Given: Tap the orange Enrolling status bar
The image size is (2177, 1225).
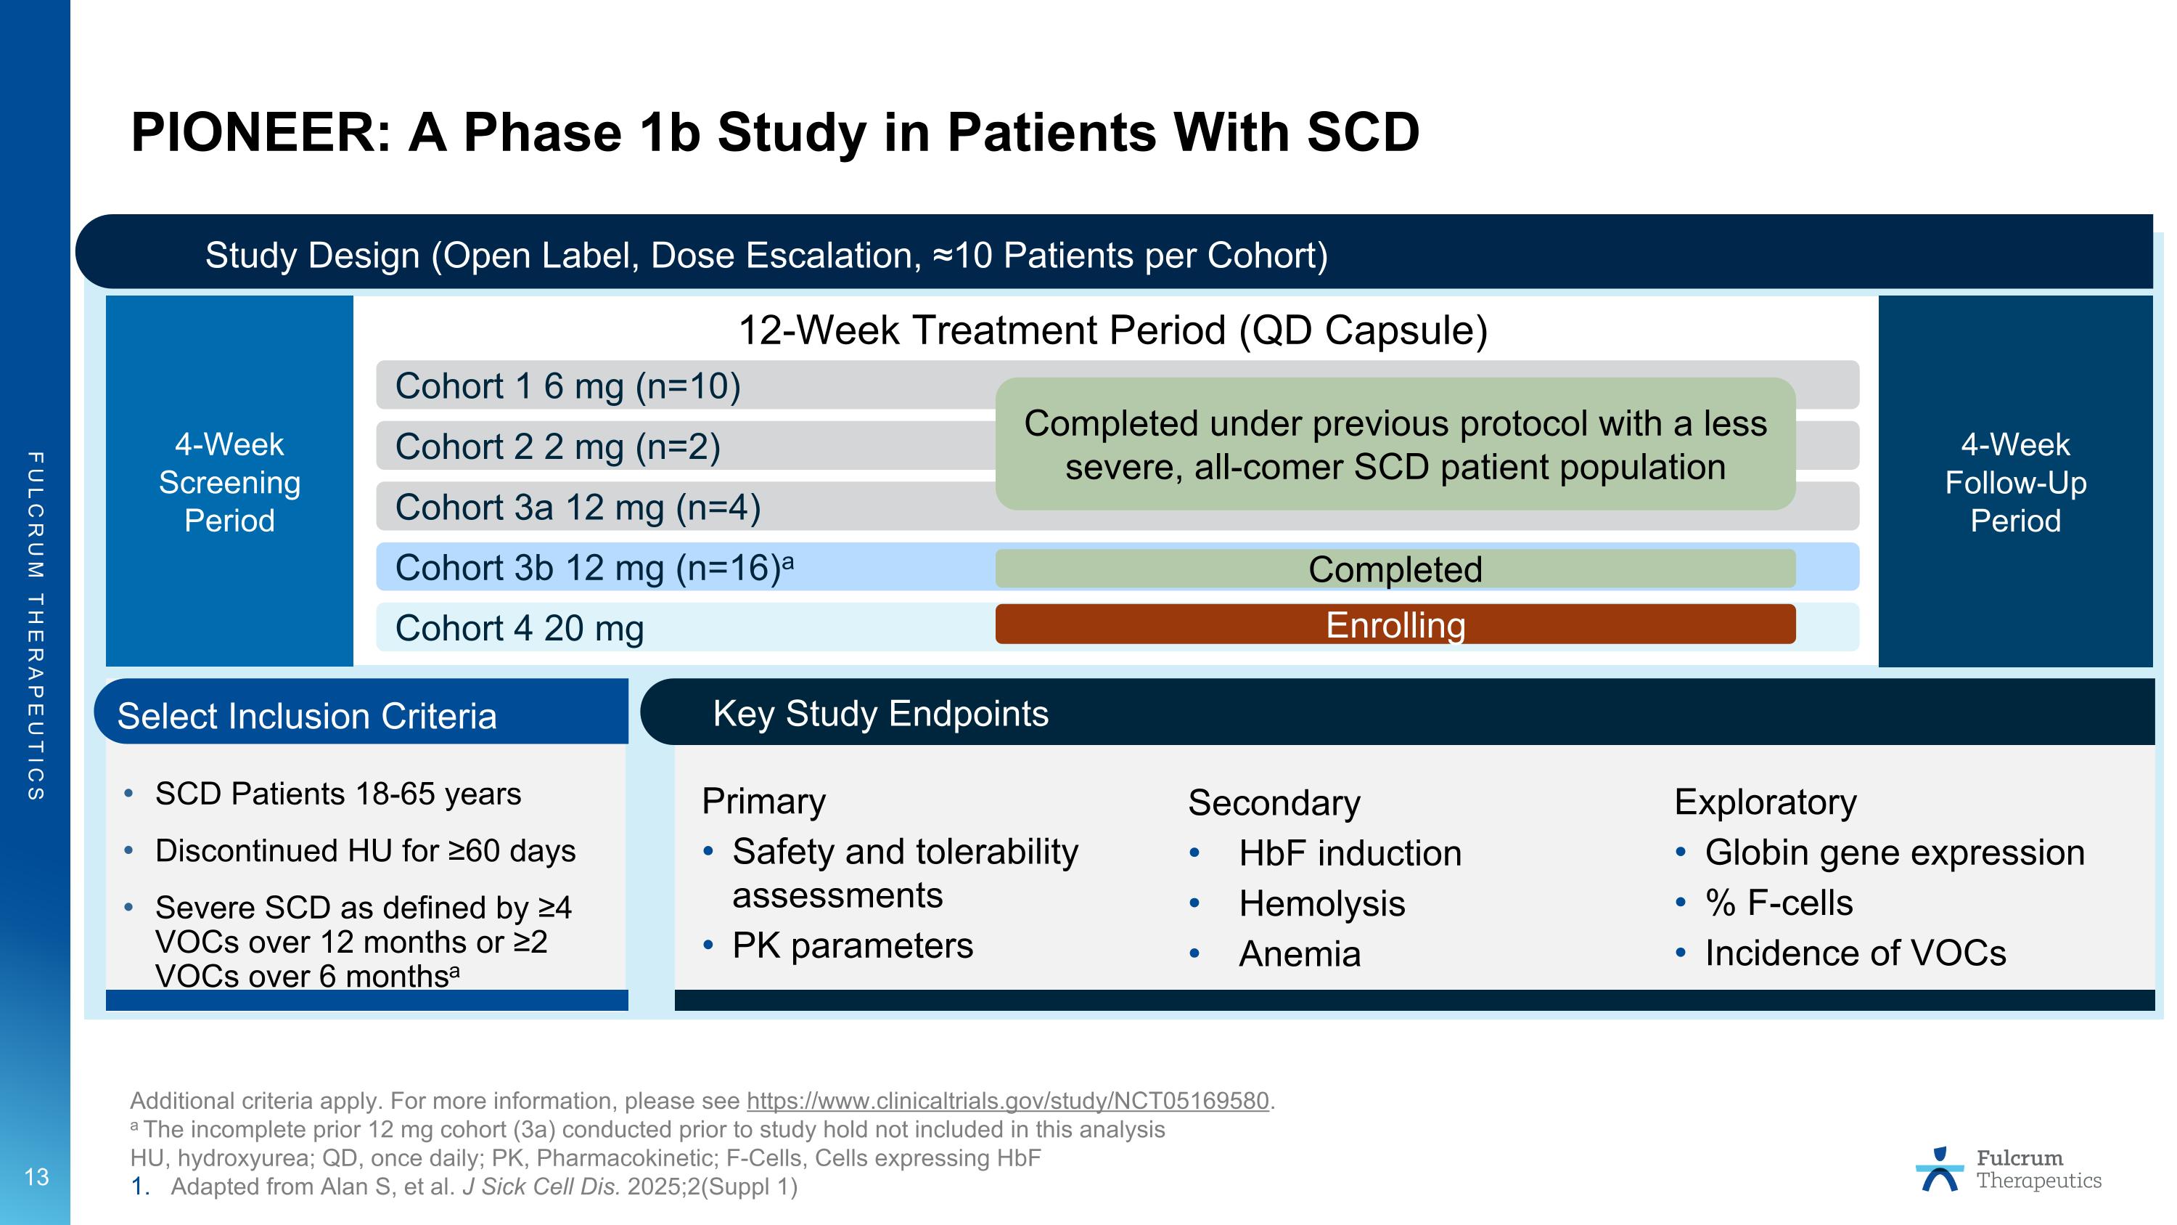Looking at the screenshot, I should coord(1395,624).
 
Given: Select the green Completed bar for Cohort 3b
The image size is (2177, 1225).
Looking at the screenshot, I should coord(1395,569).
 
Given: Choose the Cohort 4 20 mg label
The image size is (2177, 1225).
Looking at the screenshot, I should coord(519,629).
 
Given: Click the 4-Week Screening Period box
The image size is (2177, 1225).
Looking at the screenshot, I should coord(229,482).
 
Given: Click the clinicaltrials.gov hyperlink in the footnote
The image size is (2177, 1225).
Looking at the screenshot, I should coord(1007,1101).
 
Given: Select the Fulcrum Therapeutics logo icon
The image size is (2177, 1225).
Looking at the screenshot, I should coord(1940,1170).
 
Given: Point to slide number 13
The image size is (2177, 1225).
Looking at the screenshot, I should coord(36,1177).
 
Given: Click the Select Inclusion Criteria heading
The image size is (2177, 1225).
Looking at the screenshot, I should coord(307,716).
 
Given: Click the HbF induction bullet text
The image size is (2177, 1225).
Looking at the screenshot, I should coord(1350,853).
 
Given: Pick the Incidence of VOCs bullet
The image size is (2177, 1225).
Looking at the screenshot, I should coord(1854,953).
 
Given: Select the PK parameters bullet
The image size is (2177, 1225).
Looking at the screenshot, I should coord(852,945).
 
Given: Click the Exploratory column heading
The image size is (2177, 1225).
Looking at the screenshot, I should coord(1765,802).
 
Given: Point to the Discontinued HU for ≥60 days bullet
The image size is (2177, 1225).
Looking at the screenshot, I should coord(365,850).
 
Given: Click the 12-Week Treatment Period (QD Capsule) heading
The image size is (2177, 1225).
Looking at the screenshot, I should coord(1112,330).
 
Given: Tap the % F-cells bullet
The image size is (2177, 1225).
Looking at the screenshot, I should coord(1778,903).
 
